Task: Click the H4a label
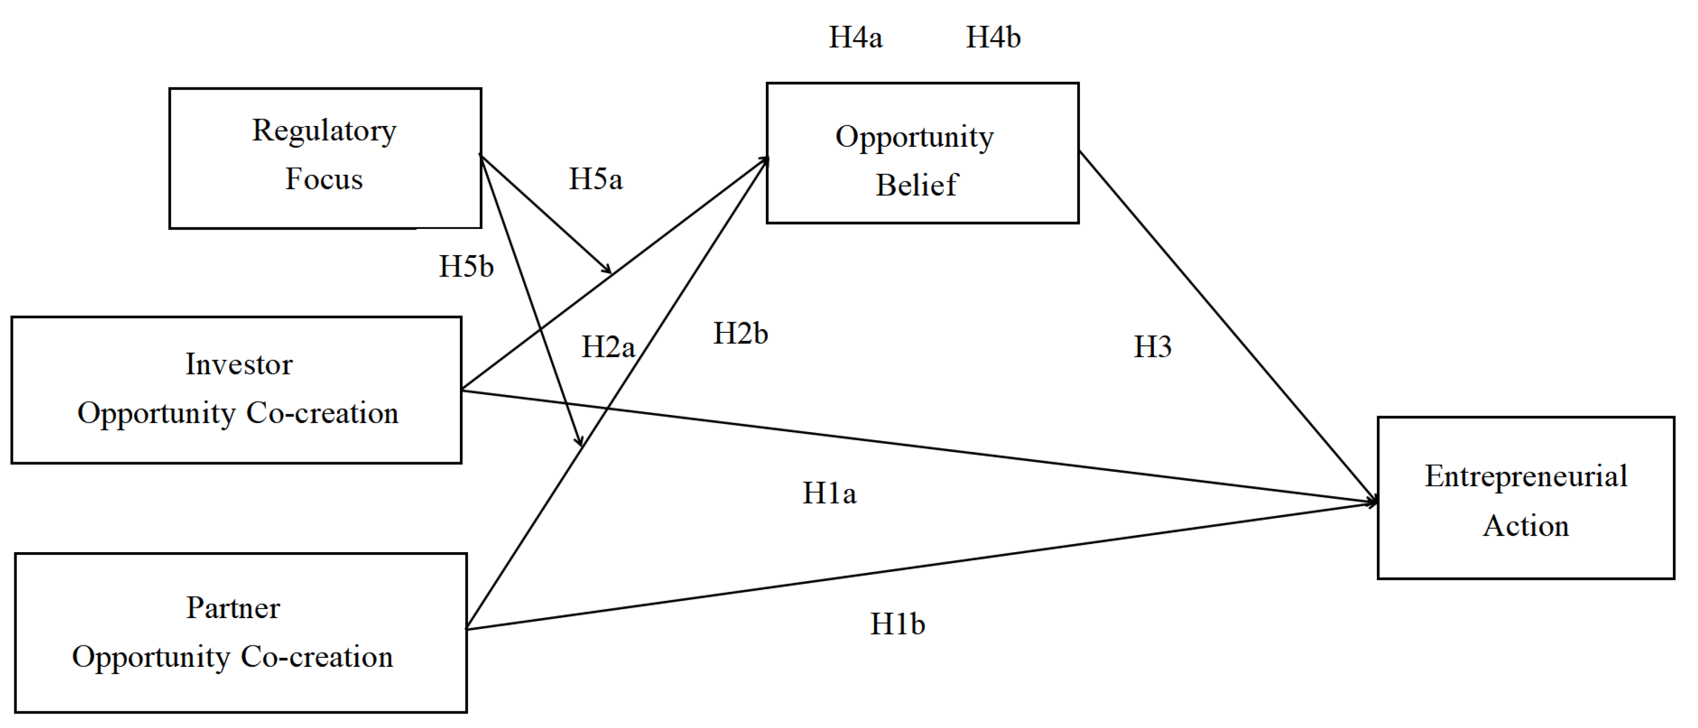(x=855, y=37)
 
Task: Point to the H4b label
(x=993, y=37)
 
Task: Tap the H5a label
(x=596, y=180)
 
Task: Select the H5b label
(x=466, y=266)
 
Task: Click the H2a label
(x=608, y=347)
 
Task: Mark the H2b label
(x=740, y=333)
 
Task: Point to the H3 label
(x=1153, y=347)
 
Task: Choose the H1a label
(x=829, y=493)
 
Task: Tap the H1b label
(x=898, y=624)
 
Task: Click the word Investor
(x=239, y=364)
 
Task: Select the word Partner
(x=233, y=608)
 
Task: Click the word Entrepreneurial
(x=1526, y=477)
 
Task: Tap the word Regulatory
(x=324, y=131)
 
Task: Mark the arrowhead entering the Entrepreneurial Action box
(x=1371, y=502)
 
